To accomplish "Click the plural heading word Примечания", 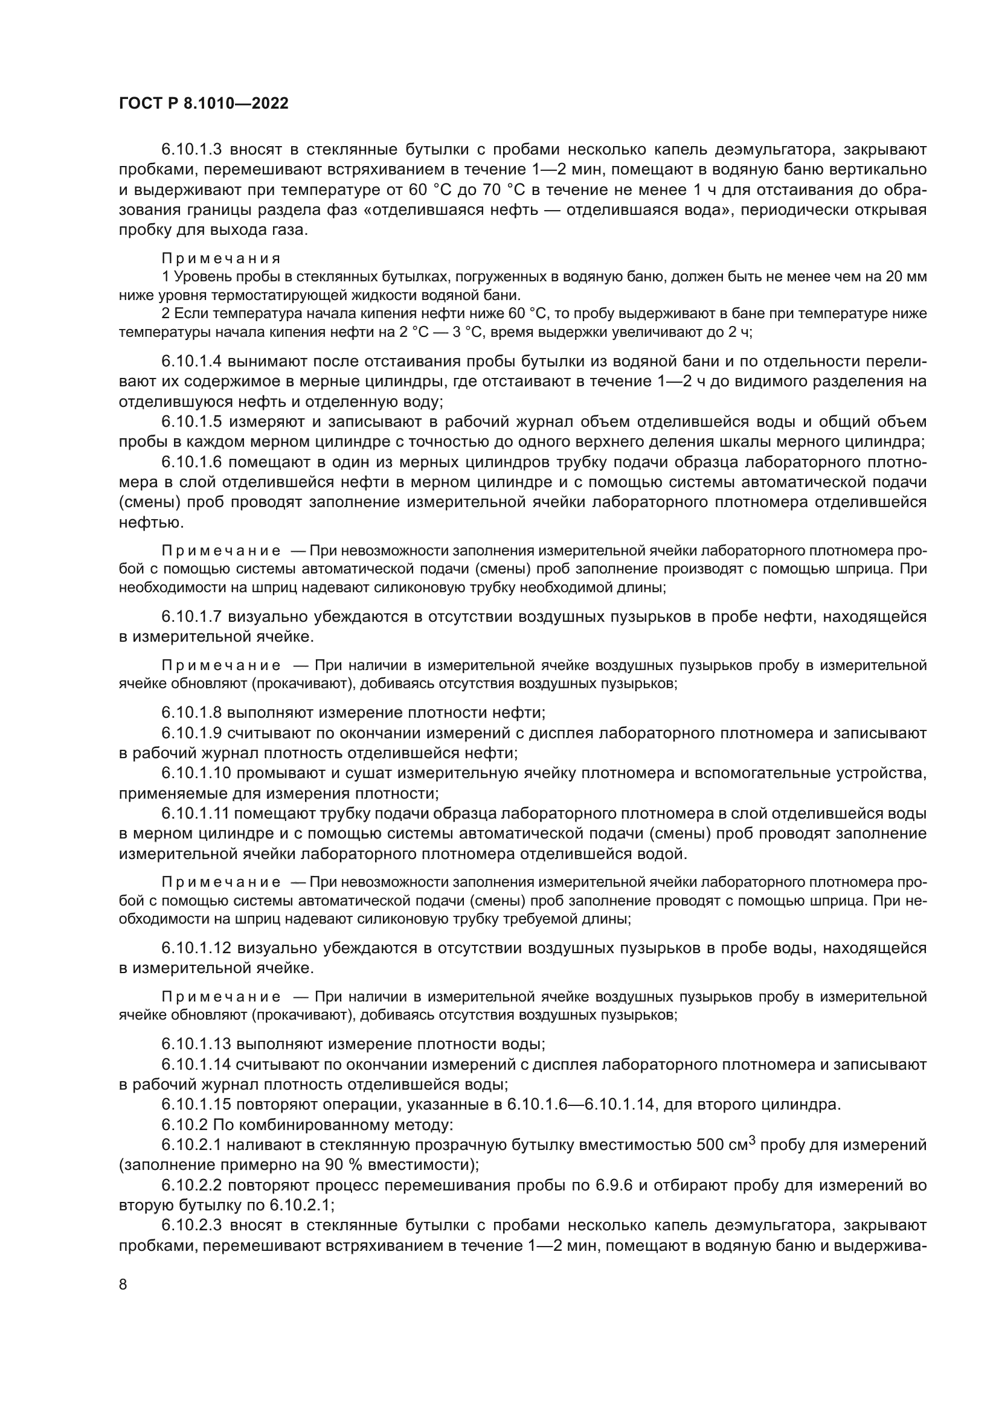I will (x=221, y=258).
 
